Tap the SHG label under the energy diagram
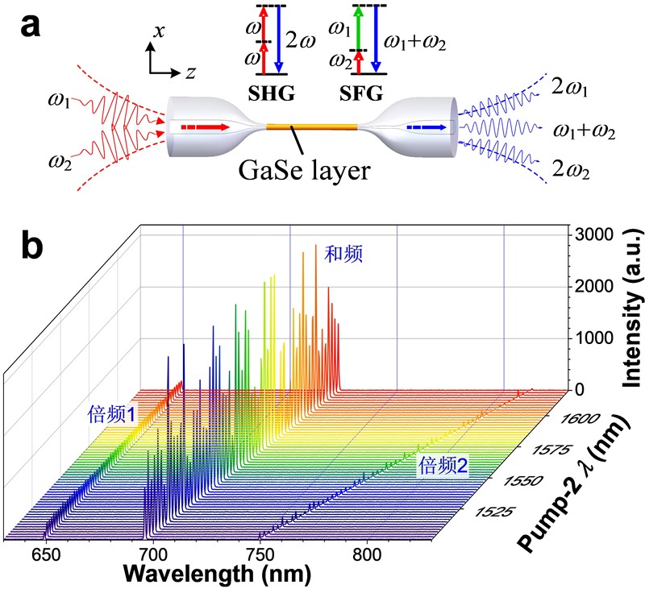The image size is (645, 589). pyautogui.click(x=271, y=93)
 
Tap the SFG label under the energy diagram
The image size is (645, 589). pyautogui.click(x=360, y=93)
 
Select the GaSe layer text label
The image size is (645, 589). pyautogui.click(x=304, y=170)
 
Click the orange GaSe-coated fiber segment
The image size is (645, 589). pyautogui.click(x=312, y=127)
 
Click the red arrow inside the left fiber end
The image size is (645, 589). pyautogui.click(x=205, y=127)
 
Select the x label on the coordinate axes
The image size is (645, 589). pyautogui.click(x=158, y=31)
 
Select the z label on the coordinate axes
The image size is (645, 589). pyautogui.click(x=189, y=73)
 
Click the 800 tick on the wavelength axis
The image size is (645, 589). pyautogui.click(x=367, y=555)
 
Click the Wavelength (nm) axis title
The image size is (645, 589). pyautogui.click(x=217, y=574)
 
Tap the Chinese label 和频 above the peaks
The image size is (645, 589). pyautogui.click(x=343, y=254)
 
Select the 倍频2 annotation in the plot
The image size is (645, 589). pyautogui.click(x=443, y=466)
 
